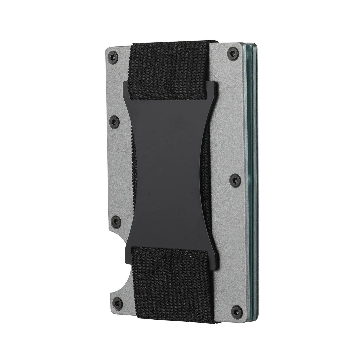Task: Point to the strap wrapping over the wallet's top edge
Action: point(174,41)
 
